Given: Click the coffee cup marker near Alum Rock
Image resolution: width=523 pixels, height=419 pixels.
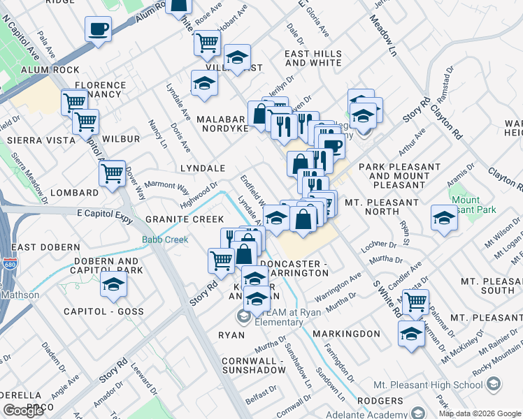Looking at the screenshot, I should (x=98, y=30).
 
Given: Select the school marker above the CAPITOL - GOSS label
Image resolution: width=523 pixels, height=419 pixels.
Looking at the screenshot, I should (x=113, y=284).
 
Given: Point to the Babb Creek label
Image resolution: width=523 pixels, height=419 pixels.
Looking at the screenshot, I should (x=165, y=240).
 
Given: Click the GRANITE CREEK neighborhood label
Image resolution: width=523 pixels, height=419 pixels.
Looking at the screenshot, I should (x=185, y=219).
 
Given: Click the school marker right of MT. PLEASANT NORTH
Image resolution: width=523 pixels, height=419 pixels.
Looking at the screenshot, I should (x=444, y=218).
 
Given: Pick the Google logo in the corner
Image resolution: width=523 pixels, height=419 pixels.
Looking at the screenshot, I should (x=23, y=411).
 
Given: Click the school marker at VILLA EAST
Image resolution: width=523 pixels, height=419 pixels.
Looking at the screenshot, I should (x=237, y=57).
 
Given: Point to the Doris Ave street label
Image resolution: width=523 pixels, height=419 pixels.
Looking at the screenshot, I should (x=181, y=138).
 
